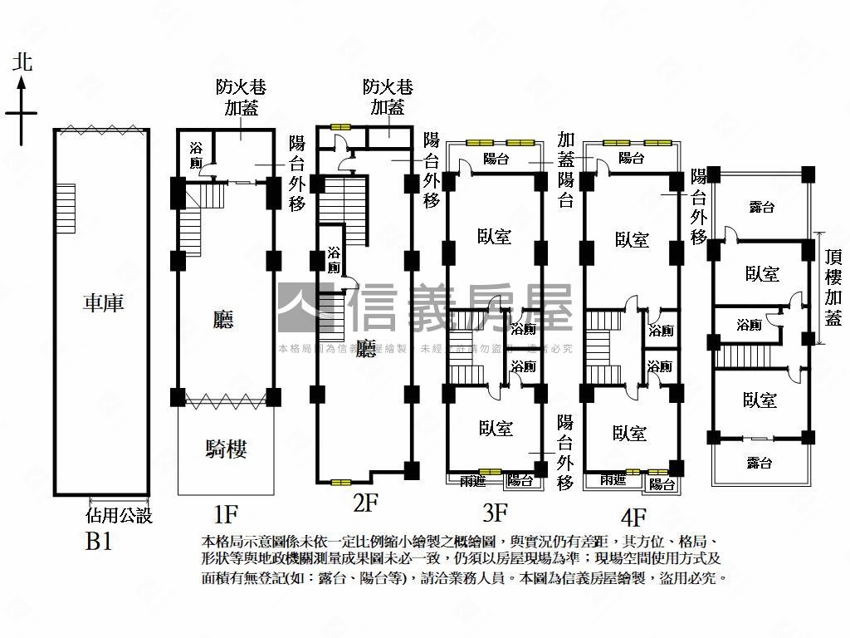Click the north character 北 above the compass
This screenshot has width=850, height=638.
point(22,63)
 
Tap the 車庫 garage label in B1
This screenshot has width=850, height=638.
point(103,303)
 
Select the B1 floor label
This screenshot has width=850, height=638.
point(100,542)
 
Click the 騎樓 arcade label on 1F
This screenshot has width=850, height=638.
point(226,449)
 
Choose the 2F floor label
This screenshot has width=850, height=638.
point(365,503)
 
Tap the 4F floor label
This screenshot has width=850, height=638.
point(633,519)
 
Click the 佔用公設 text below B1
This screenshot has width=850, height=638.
point(120,517)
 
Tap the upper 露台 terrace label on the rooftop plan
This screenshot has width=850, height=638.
point(760,207)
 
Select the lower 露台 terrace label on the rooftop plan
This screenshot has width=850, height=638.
point(759,463)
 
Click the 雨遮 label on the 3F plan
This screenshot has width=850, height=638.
point(463,480)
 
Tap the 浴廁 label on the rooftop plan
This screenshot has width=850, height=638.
point(750,325)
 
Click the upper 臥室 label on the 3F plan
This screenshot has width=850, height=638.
point(495,238)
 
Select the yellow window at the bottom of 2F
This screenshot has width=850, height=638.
point(340,482)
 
